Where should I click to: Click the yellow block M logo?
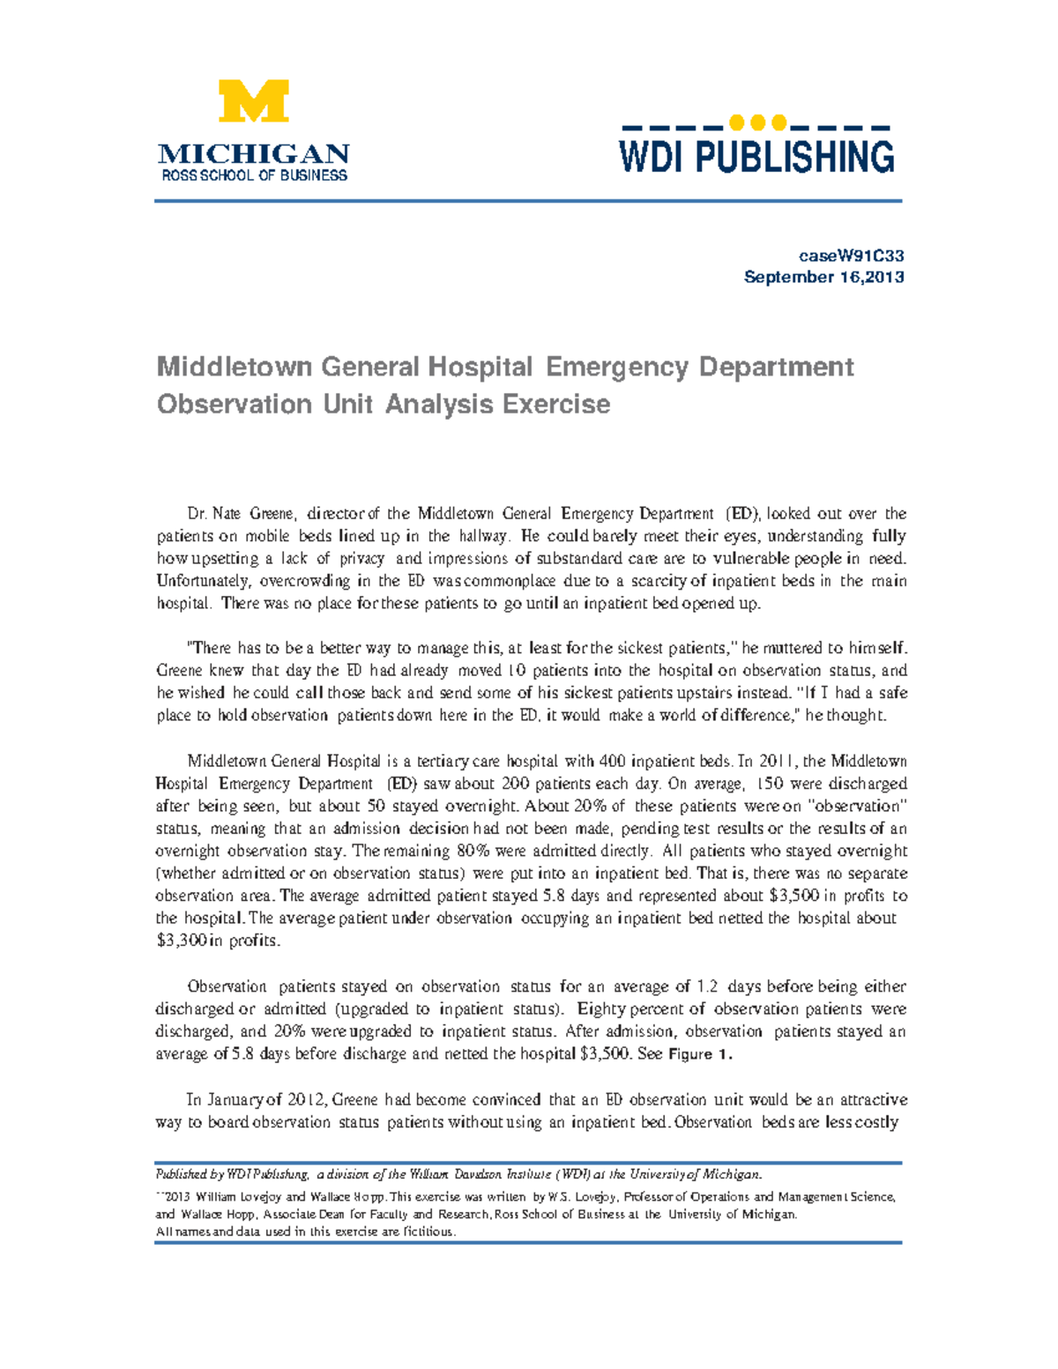pyautogui.click(x=254, y=101)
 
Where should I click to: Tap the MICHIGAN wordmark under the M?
pyautogui.click(x=254, y=153)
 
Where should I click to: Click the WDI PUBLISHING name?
pyautogui.click(x=756, y=157)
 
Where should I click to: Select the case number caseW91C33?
pyautogui.click(x=851, y=256)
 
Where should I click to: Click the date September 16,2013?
pyautogui.click(x=823, y=277)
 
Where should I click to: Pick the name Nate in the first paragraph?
pyautogui.click(x=227, y=514)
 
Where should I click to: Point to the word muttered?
pyautogui.click(x=791, y=648)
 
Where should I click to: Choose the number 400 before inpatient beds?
pyautogui.click(x=613, y=761)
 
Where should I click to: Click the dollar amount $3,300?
pyautogui.click(x=182, y=941)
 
